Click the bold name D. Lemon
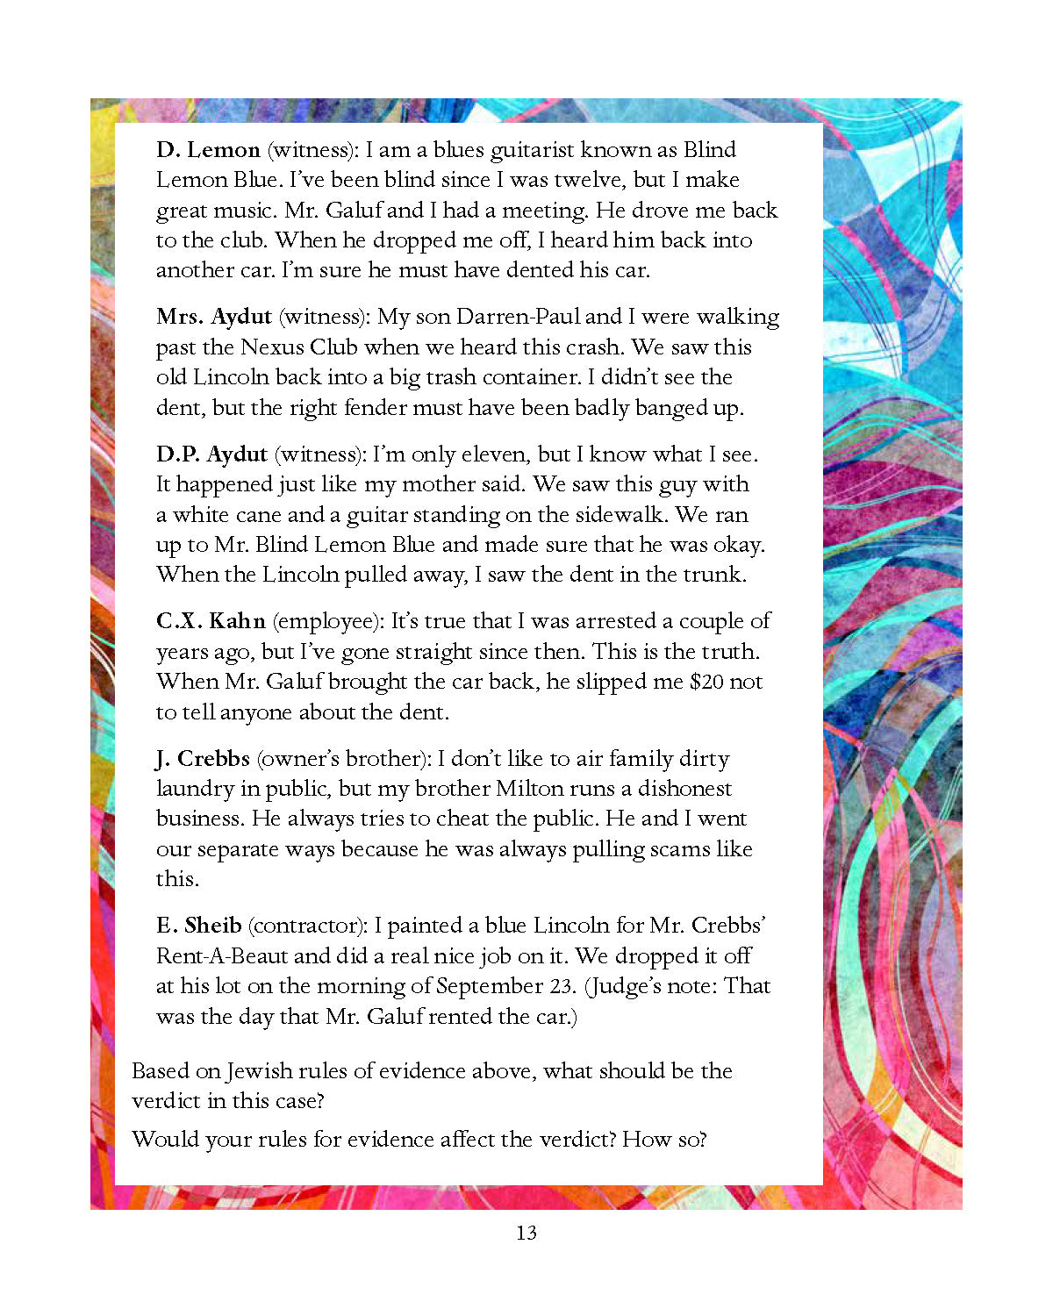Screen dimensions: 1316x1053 pos(208,150)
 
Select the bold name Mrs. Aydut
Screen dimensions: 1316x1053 pos(214,317)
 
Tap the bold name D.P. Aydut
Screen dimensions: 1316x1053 pos(211,454)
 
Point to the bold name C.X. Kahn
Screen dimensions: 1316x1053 pos(211,621)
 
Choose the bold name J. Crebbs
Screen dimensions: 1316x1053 pos(203,759)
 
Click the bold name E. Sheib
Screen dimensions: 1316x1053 pos(198,926)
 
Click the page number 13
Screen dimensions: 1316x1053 pos(526,1233)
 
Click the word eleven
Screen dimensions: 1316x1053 pos(497,454)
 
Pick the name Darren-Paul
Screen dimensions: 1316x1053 pos(518,317)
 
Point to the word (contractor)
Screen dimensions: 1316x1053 pos(306,926)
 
